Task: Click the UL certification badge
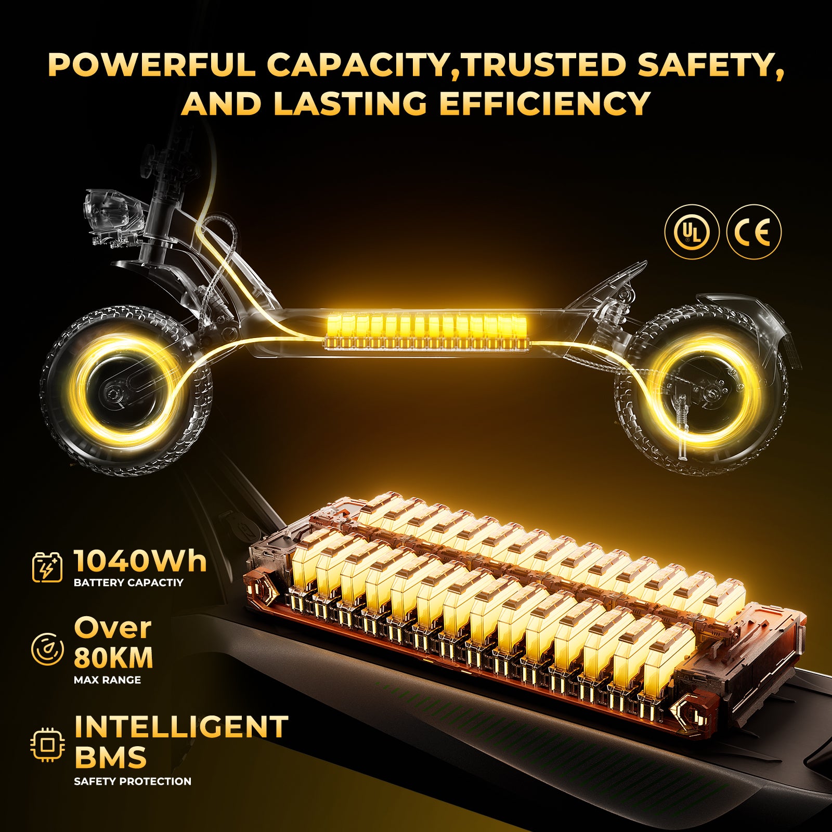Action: click(692, 231)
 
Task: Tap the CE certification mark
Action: click(754, 231)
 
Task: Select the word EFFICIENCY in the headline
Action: click(545, 103)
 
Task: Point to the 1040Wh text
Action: click(140, 561)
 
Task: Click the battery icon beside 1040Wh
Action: click(47, 567)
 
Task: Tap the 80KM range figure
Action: click(113, 658)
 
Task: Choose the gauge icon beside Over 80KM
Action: click(47, 649)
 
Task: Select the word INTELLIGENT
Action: click(181, 726)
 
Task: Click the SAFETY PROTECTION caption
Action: click(133, 781)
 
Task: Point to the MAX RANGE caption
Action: click(107, 680)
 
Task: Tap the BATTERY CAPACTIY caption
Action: click(128, 582)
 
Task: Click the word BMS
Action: click(110, 757)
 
